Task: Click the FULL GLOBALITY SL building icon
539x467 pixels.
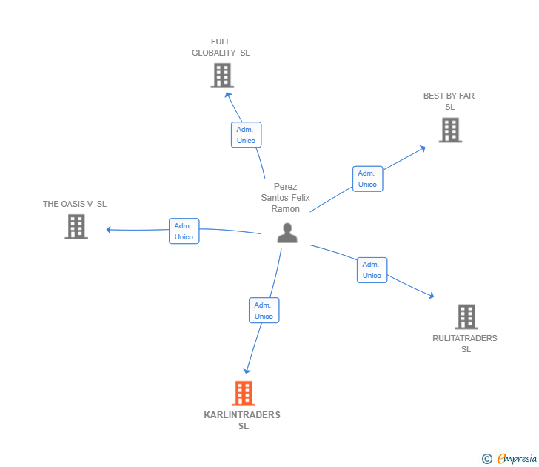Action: (222, 76)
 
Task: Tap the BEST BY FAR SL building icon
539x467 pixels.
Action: (450, 130)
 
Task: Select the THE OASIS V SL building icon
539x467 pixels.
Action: (76, 227)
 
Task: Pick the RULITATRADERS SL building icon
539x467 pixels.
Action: (466, 317)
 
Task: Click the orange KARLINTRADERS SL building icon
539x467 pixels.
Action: (244, 393)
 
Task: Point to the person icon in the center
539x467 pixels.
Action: (287, 233)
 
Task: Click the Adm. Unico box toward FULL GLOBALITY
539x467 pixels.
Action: (246, 135)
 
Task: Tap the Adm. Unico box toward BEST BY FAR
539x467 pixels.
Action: (367, 179)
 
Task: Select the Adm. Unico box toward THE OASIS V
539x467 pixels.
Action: (184, 231)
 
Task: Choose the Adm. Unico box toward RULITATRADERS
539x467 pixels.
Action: (372, 270)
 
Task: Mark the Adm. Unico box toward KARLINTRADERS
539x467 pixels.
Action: (264, 311)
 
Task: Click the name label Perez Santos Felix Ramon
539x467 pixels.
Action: (285, 198)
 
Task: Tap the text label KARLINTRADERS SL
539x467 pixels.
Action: (243, 420)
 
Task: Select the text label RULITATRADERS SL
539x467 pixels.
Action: (465, 343)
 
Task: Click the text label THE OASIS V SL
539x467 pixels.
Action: (75, 204)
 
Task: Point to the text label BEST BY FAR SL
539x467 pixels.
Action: (449, 101)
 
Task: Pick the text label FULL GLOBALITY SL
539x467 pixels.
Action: (221, 47)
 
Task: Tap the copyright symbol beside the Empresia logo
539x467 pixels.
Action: (486, 460)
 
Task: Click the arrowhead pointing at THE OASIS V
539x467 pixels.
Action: (109, 230)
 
